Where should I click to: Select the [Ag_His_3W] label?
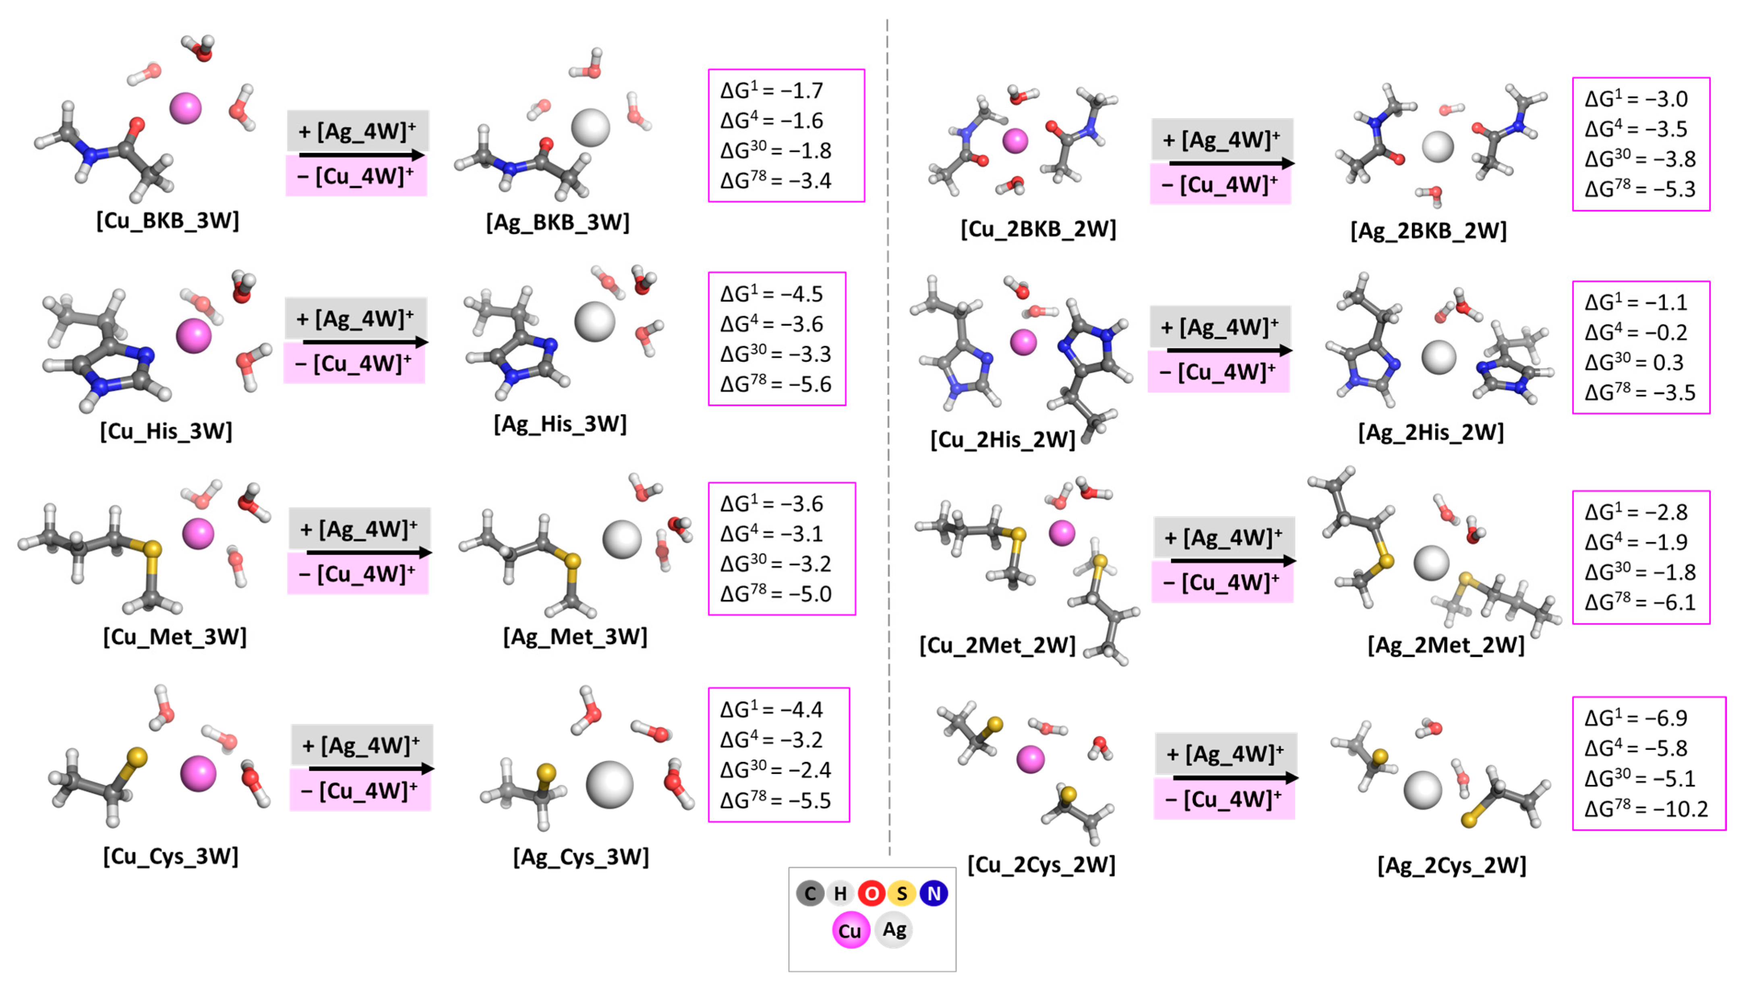(560, 424)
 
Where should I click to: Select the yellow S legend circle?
(902, 893)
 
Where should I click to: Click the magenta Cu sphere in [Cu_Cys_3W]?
(198, 774)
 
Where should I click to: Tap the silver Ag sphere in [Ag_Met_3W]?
(622, 539)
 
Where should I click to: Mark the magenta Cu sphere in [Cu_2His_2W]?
(1023, 342)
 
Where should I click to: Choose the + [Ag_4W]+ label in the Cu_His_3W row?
(355, 318)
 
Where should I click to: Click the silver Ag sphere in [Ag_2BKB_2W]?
(1438, 147)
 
